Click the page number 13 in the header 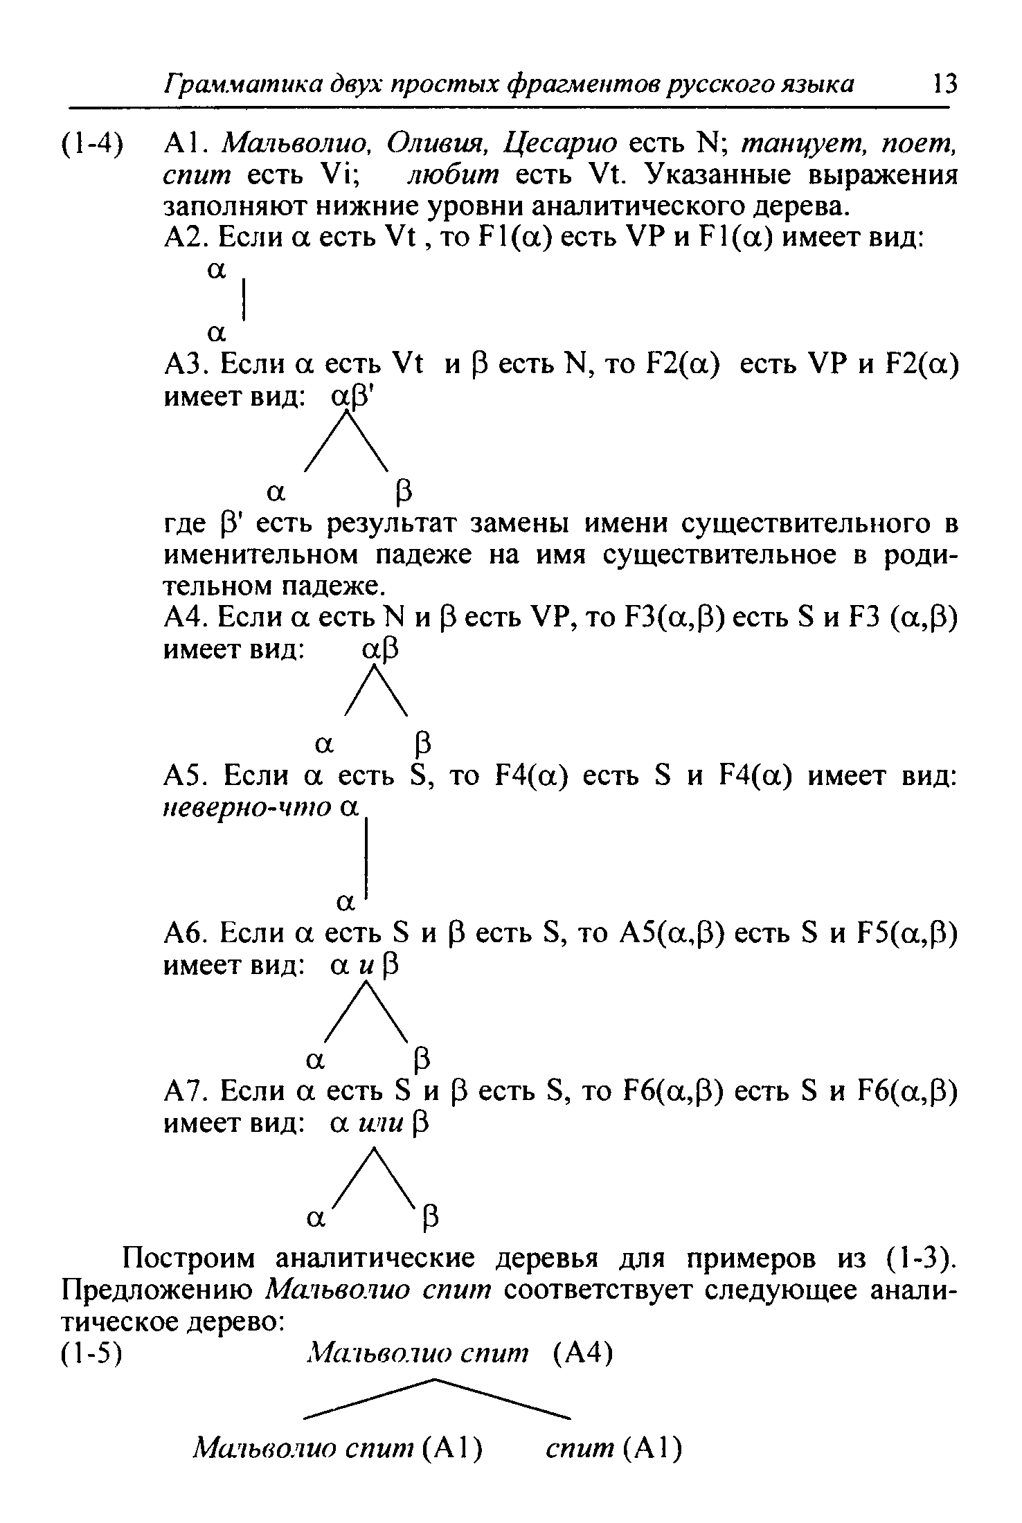[944, 84]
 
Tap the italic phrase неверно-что [246, 808]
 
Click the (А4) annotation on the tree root [584, 1352]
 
